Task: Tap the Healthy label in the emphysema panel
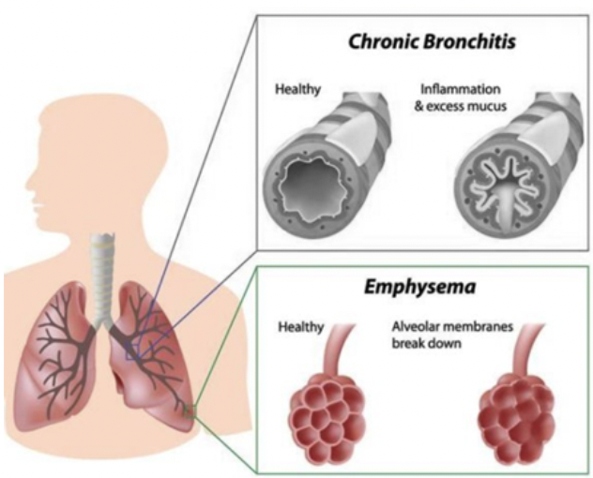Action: tap(300, 327)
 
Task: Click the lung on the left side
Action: tap(55, 356)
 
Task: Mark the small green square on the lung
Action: tap(190, 411)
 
